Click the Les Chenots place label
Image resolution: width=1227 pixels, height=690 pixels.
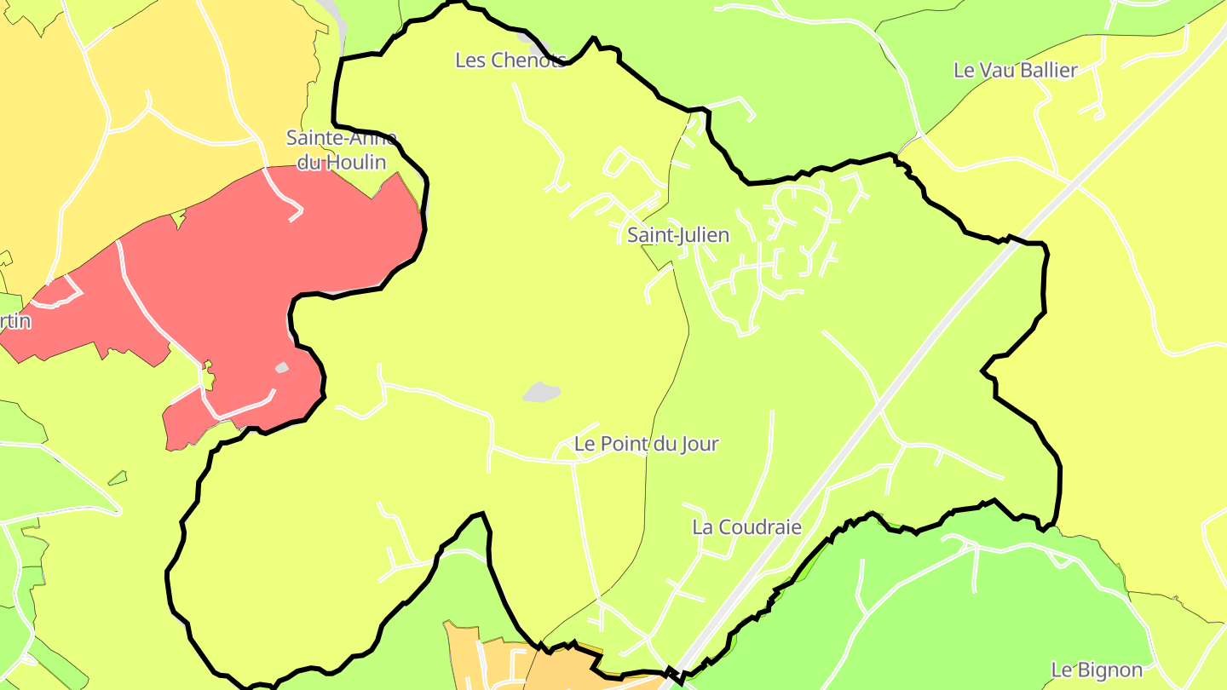tap(510, 60)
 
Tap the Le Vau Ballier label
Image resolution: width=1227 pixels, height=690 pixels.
tap(1016, 71)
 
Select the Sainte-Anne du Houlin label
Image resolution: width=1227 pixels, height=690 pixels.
tap(341, 150)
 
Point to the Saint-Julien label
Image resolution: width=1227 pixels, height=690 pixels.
tap(678, 235)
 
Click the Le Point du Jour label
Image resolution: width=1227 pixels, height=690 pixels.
tap(646, 444)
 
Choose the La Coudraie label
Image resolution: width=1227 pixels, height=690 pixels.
tap(746, 527)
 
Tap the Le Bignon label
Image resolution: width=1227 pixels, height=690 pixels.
tap(1097, 670)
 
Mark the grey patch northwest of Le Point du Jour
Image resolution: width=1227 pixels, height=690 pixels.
tap(541, 392)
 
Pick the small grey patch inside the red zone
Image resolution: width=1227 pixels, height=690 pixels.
tap(281, 368)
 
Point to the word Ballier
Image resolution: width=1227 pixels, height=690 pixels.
tap(1047, 71)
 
